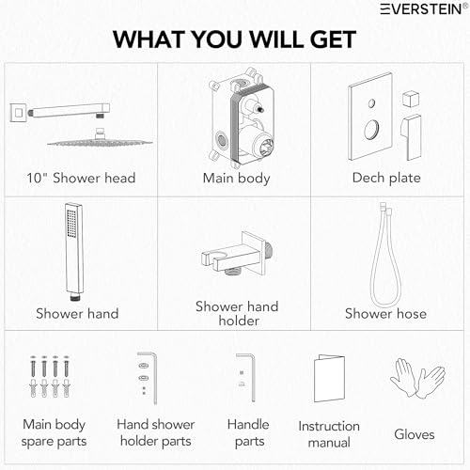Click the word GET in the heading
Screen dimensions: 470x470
pyautogui.click(x=333, y=39)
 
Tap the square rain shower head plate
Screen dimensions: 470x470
pyautogui.click(x=100, y=143)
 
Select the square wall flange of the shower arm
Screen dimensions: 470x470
pyautogui.click(x=19, y=113)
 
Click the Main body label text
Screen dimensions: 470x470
pyautogui.click(x=236, y=179)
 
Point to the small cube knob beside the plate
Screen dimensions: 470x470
pyautogui.click(x=411, y=99)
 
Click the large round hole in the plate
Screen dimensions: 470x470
pyautogui.click(x=371, y=130)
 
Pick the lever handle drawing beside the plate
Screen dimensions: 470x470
pyautogui.click(x=412, y=137)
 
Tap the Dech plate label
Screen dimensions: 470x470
pyautogui.click(x=386, y=178)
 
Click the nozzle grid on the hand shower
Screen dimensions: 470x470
pyautogui.click(x=71, y=224)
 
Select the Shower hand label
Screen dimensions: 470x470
pyautogui.click(x=77, y=314)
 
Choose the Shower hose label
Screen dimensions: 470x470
pyautogui.click(x=385, y=314)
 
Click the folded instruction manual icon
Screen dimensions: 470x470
pyautogui.click(x=329, y=378)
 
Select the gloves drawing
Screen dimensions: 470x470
pyautogui.click(x=417, y=378)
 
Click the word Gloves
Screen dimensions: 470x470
pyautogui.click(x=415, y=434)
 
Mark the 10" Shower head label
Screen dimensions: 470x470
pyautogui.click(x=81, y=178)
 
